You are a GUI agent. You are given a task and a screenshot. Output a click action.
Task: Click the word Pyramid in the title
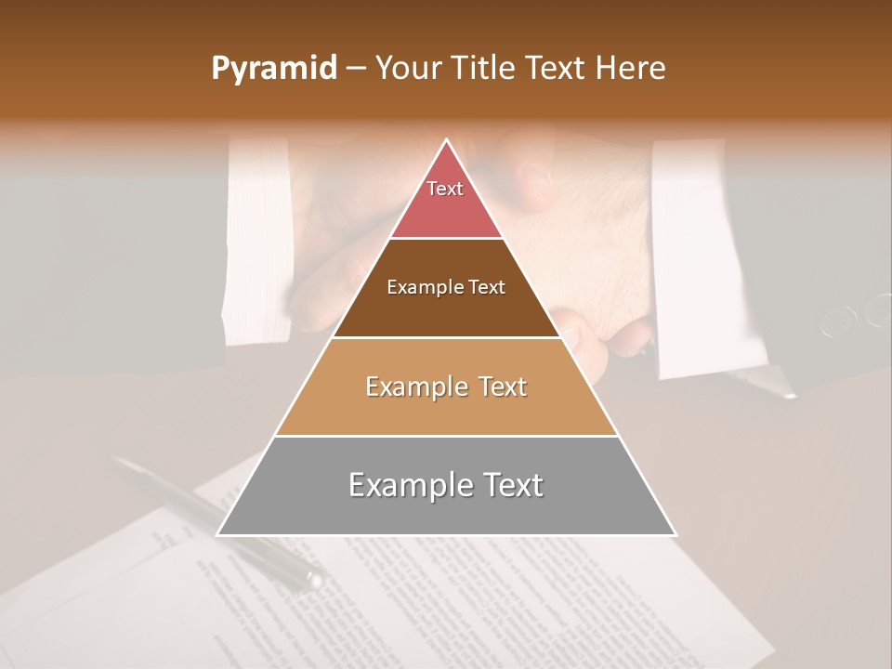tap(273, 69)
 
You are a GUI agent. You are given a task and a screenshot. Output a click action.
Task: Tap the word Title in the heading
tap(485, 68)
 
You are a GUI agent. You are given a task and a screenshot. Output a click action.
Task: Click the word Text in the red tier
tap(445, 189)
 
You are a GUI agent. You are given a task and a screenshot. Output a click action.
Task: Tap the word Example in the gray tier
tap(409, 485)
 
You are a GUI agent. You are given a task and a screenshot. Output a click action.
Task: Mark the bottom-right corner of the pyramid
tap(675, 534)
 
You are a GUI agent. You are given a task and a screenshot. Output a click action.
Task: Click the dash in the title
tap(355, 69)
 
